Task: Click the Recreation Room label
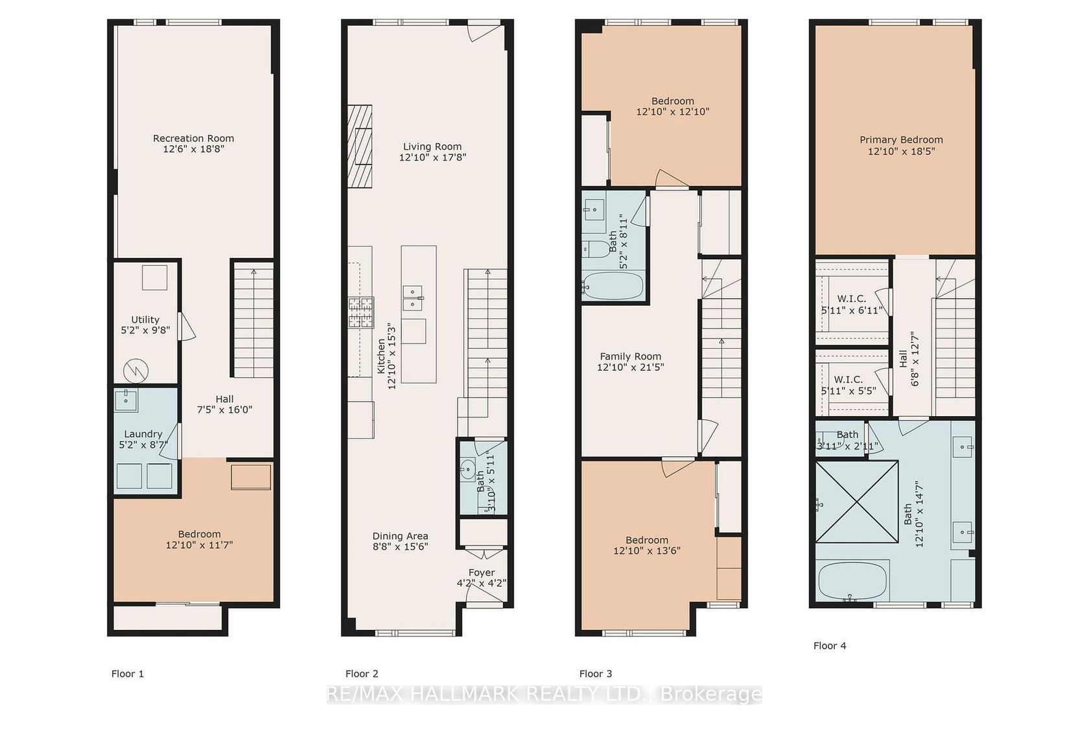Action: pyautogui.click(x=193, y=139)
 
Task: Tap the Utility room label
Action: pyautogui.click(x=145, y=320)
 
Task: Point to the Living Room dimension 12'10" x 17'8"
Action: pyautogui.click(x=433, y=157)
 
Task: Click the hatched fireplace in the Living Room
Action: pyautogui.click(x=360, y=146)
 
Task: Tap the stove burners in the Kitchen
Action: pyautogui.click(x=360, y=312)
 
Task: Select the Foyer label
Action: pyautogui.click(x=482, y=573)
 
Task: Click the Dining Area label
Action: pyautogui.click(x=401, y=536)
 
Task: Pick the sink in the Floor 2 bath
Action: pyautogui.click(x=468, y=469)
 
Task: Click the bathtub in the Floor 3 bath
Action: pyautogui.click(x=613, y=285)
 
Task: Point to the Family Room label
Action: pyautogui.click(x=631, y=356)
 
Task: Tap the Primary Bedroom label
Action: pyautogui.click(x=901, y=140)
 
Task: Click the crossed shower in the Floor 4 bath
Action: pyautogui.click(x=857, y=502)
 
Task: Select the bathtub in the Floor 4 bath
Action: pyautogui.click(x=853, y=581)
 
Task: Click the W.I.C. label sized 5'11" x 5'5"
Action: pyautogui.click(x=849, y=380)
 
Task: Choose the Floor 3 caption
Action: pyautogui.click(x=596, y=674)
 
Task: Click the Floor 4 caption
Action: pyautogui.click(x=830, y=646)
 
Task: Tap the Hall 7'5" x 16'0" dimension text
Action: pyautogui.click(x=224, y=410)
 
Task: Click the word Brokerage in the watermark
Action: pyautogui.click(x=710, y=695)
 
